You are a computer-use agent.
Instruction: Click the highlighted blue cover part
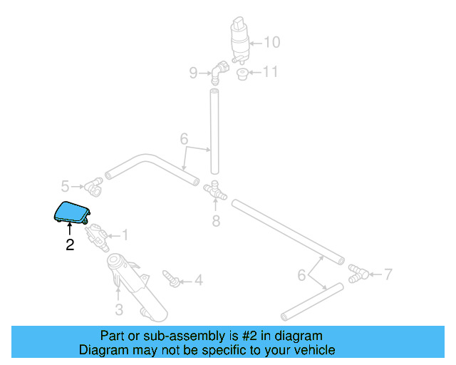pos(73,212)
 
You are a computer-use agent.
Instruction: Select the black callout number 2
pos(69,245)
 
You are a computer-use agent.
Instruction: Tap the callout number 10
pos(272,42)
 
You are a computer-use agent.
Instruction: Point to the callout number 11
pos(270,72)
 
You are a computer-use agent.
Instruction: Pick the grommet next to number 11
pos(242,74)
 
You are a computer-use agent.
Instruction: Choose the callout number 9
pos(193,72)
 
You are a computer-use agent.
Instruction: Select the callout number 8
pos(216,221)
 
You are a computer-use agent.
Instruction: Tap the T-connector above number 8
pos(214,190)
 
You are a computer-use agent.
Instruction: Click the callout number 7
pos(388,273)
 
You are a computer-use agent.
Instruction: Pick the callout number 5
pos(65,187)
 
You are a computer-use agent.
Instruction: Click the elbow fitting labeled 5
pos(93,187)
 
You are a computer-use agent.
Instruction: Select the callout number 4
pos(198,280)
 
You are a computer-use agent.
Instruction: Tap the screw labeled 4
pos(171,277)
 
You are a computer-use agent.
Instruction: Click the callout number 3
pos(119,309)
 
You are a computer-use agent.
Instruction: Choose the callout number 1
pos(125,234)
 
